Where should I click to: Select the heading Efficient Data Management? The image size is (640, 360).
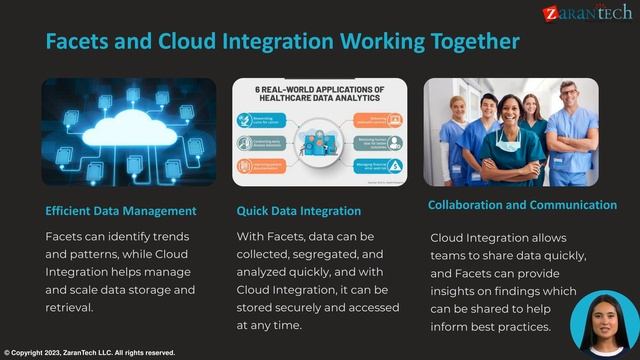(121, 211)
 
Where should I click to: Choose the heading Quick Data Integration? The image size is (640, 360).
(299, 211)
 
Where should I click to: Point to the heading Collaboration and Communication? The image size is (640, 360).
(522, 205)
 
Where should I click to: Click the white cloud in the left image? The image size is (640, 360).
(128, 126)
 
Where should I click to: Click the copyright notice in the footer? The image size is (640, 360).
(90, 353)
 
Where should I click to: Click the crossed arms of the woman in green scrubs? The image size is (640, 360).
(512, 158)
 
